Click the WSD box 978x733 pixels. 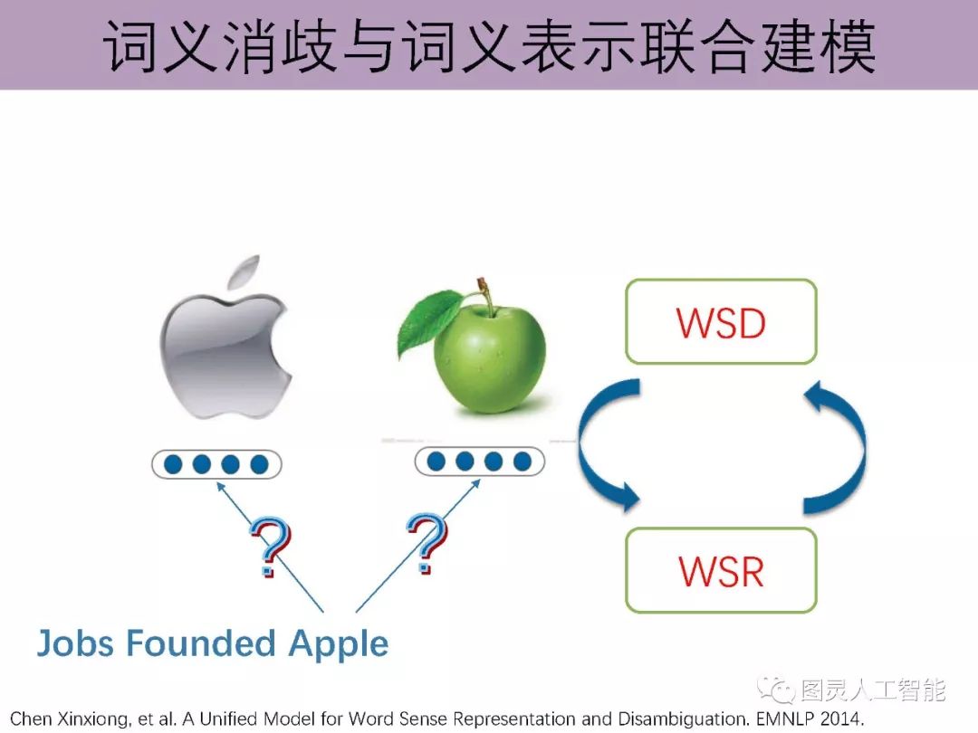721,322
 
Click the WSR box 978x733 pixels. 721,570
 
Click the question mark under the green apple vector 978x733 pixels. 427,543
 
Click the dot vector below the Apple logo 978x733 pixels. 216,464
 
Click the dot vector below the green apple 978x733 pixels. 480,461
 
